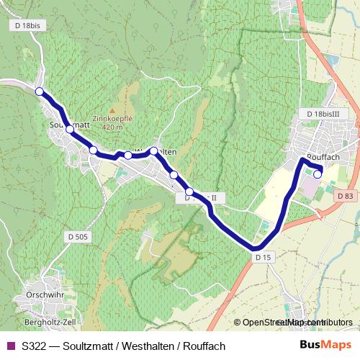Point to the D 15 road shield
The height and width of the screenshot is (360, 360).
coord(262,256)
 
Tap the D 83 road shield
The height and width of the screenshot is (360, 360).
coord(344,195)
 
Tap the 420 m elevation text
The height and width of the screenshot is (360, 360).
coord(113,127)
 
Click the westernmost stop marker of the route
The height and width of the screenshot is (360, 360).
coord(39,91)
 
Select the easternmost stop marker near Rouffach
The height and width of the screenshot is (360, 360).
coord(318,173)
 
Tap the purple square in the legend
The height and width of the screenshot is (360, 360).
coord(11,346)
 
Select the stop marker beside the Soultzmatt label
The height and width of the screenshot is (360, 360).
coord(69,130)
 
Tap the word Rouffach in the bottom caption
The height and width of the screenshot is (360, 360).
coord(204,346)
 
